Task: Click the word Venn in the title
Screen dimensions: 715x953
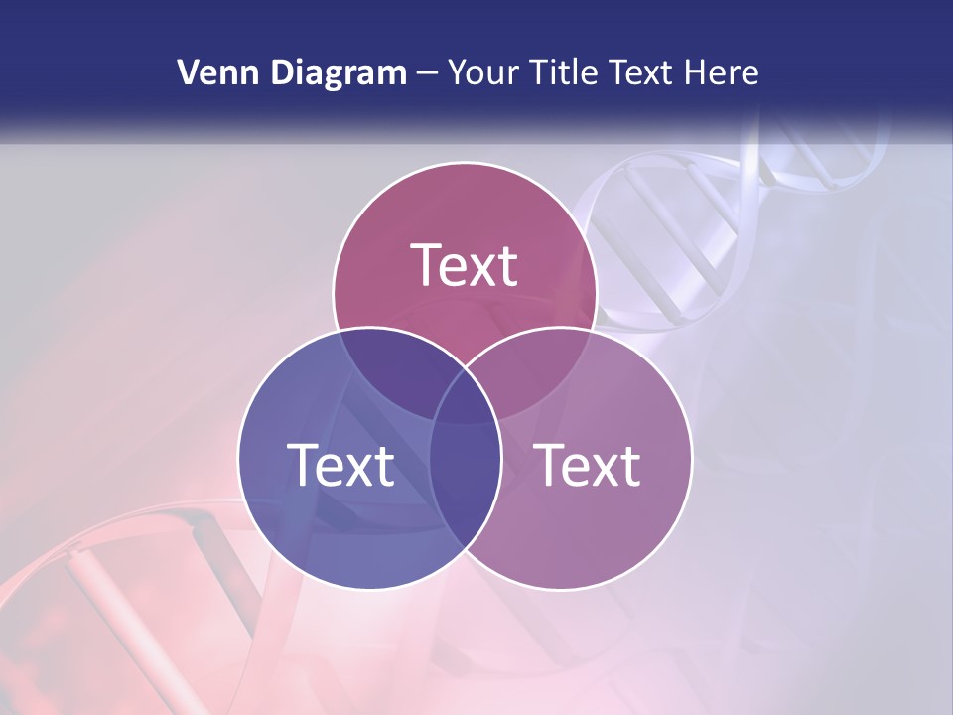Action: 211,72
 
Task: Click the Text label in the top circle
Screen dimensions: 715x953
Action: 464,265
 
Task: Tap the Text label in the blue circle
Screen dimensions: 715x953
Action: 340,465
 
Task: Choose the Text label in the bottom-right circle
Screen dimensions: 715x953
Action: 588,465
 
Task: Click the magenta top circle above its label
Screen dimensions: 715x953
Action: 464,204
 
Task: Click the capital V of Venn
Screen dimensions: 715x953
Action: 187,72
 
